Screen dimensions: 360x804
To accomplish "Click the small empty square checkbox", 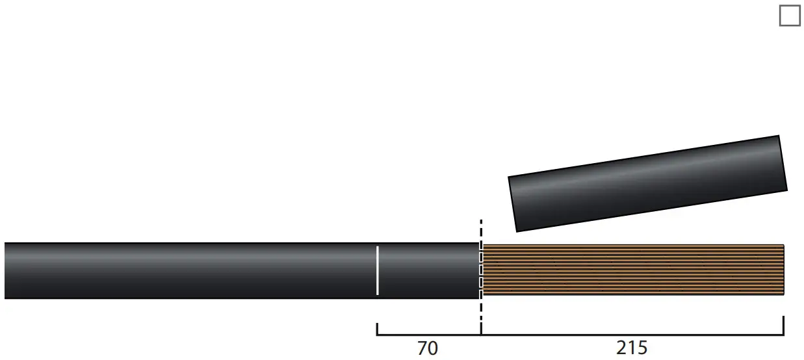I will point(790,16).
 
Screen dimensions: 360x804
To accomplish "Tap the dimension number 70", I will point(427,348).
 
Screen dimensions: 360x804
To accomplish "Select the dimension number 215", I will point(632,348).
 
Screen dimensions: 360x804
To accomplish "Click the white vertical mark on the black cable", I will point(378,270).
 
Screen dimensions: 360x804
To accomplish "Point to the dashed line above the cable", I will point(481,230).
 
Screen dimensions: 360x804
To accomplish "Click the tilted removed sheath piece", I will point(647,183).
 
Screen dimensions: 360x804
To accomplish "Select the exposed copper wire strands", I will point(632,270).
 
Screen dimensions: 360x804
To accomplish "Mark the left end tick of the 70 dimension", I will point(378,328).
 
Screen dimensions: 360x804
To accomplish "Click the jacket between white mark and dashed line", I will point(429,270).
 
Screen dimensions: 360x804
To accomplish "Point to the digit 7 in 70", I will point(421,348).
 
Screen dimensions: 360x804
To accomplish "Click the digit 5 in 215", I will point(641,348).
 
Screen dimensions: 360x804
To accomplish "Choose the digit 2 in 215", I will point(622,348).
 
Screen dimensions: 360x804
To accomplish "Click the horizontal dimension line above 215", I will point(632,335).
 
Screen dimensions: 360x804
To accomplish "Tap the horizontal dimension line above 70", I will point(429,335).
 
